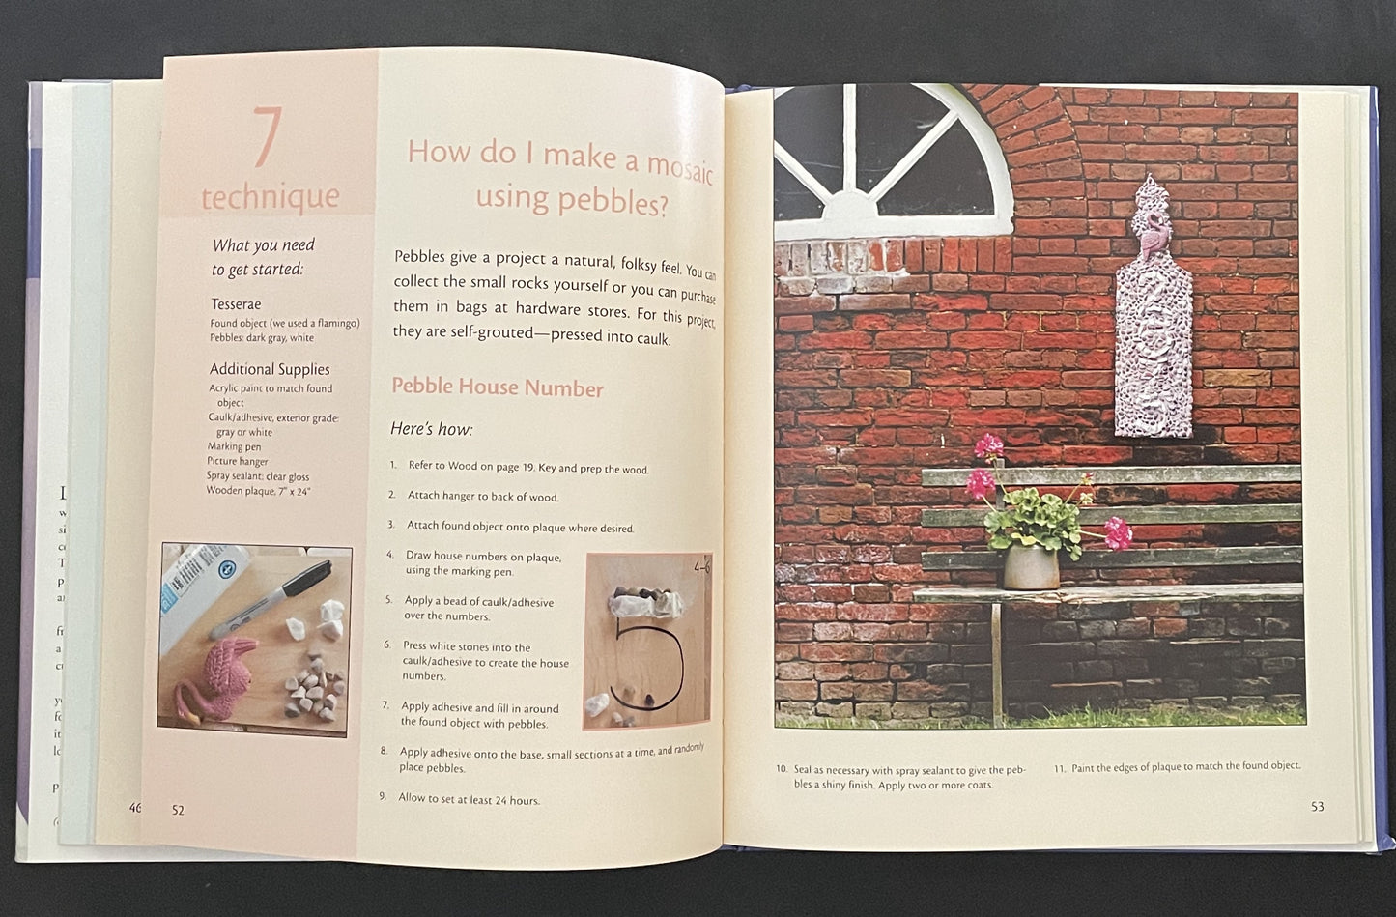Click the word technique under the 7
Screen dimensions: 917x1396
[270, 196]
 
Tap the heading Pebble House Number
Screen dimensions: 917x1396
[497, 388]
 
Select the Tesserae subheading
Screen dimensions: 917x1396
[236, 304]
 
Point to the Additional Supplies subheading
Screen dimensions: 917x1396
[270, 369]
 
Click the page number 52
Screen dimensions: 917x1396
[178, 810]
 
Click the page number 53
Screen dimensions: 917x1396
[1317, 806]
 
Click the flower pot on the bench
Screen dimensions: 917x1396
[1030, 565]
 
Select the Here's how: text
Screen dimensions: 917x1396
[431, 429]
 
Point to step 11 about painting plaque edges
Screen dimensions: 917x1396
[1177, 767]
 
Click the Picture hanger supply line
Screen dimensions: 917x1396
[238, 461]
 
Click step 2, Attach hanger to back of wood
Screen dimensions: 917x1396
[481, 497]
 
